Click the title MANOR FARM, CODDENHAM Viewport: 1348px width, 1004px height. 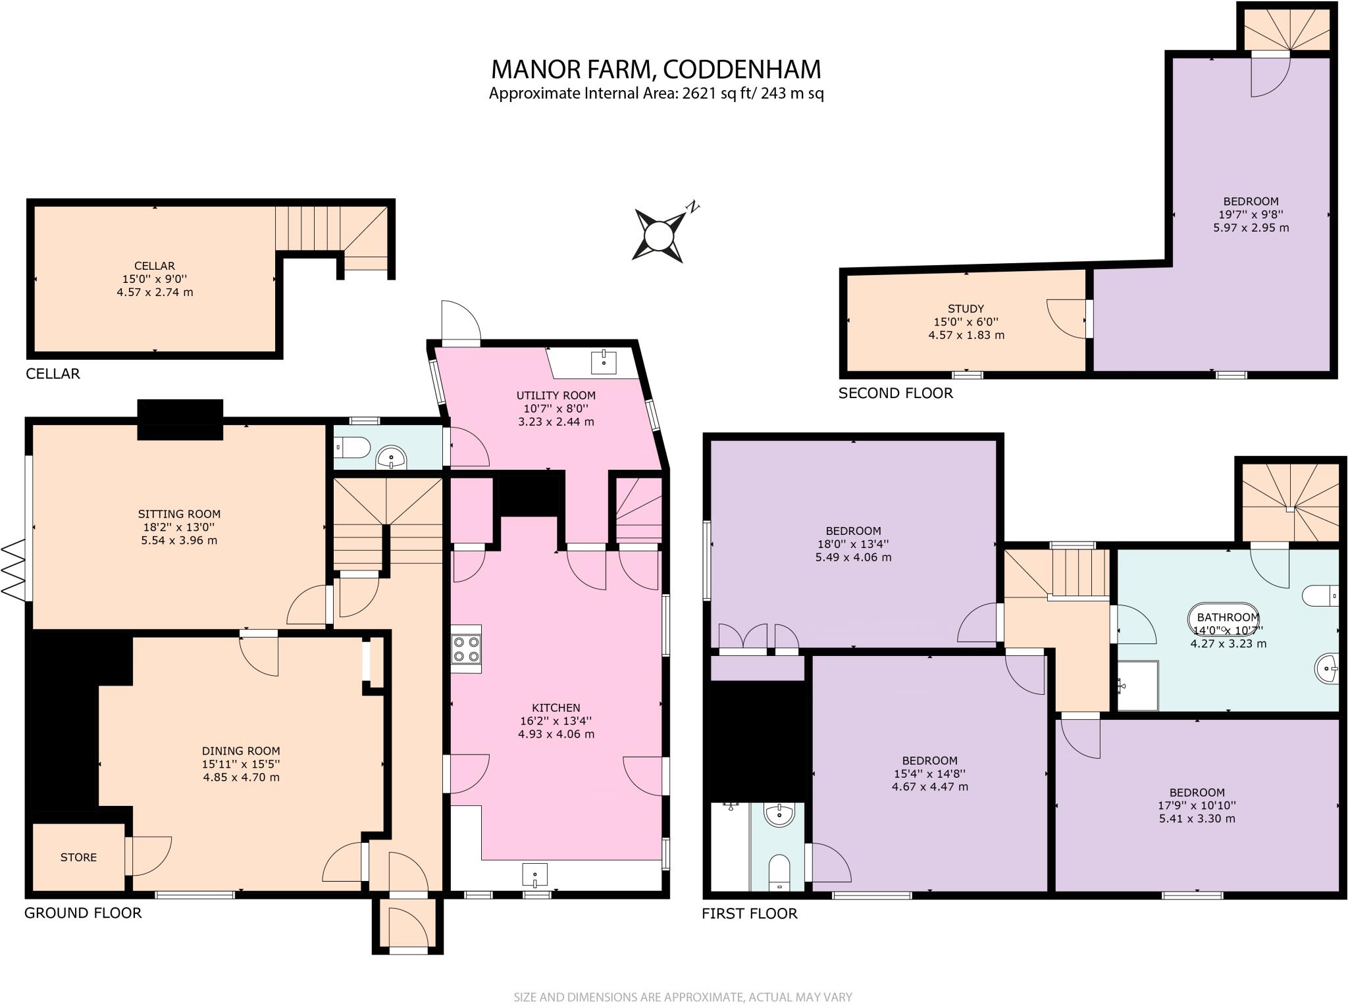[656, 69]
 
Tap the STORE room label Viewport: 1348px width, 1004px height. [78, 857]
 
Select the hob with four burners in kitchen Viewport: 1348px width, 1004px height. [466, 649]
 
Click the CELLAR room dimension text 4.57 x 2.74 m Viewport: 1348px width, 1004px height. [155, 292]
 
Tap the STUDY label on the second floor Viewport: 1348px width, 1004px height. [966, 309]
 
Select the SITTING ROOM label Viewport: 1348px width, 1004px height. [179, 514]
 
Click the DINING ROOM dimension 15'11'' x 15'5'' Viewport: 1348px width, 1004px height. [241, 764]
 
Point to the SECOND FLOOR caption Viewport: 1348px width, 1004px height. [895, 393]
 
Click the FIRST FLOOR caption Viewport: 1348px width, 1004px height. [749, 913]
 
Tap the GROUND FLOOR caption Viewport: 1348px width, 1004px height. [83, 913]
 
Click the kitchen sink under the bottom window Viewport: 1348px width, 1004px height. [534, 875]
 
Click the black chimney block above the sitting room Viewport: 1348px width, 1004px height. [180, 419]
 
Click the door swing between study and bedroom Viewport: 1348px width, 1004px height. [1066, 319]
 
